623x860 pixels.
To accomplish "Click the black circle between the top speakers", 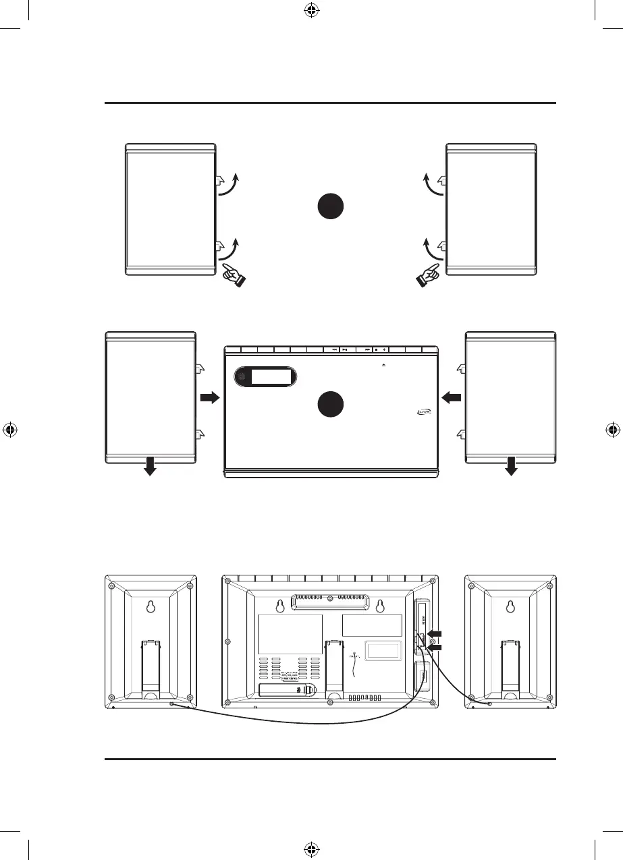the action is click(x=331, y=206).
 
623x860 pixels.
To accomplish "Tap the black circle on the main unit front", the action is click(x=331, y=404).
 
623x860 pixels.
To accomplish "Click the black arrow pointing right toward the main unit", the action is click(x=210, y=399).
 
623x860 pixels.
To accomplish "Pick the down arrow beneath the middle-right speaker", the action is click(x=511, y=465).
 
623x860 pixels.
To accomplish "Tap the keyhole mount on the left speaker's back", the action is click(x=151, y=608).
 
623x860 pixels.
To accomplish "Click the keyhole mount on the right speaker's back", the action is click(x=511, y=608).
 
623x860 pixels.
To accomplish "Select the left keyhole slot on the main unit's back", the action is click(x=280, y=605).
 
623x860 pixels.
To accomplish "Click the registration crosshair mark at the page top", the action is click(x=311, y=10).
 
